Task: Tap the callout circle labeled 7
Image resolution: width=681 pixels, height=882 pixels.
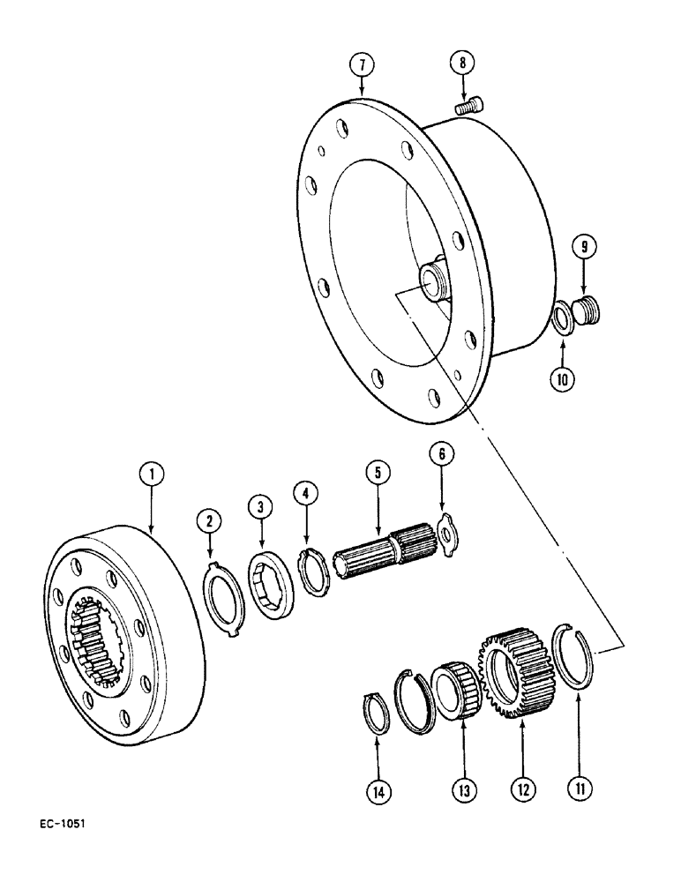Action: tap(362, 64)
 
